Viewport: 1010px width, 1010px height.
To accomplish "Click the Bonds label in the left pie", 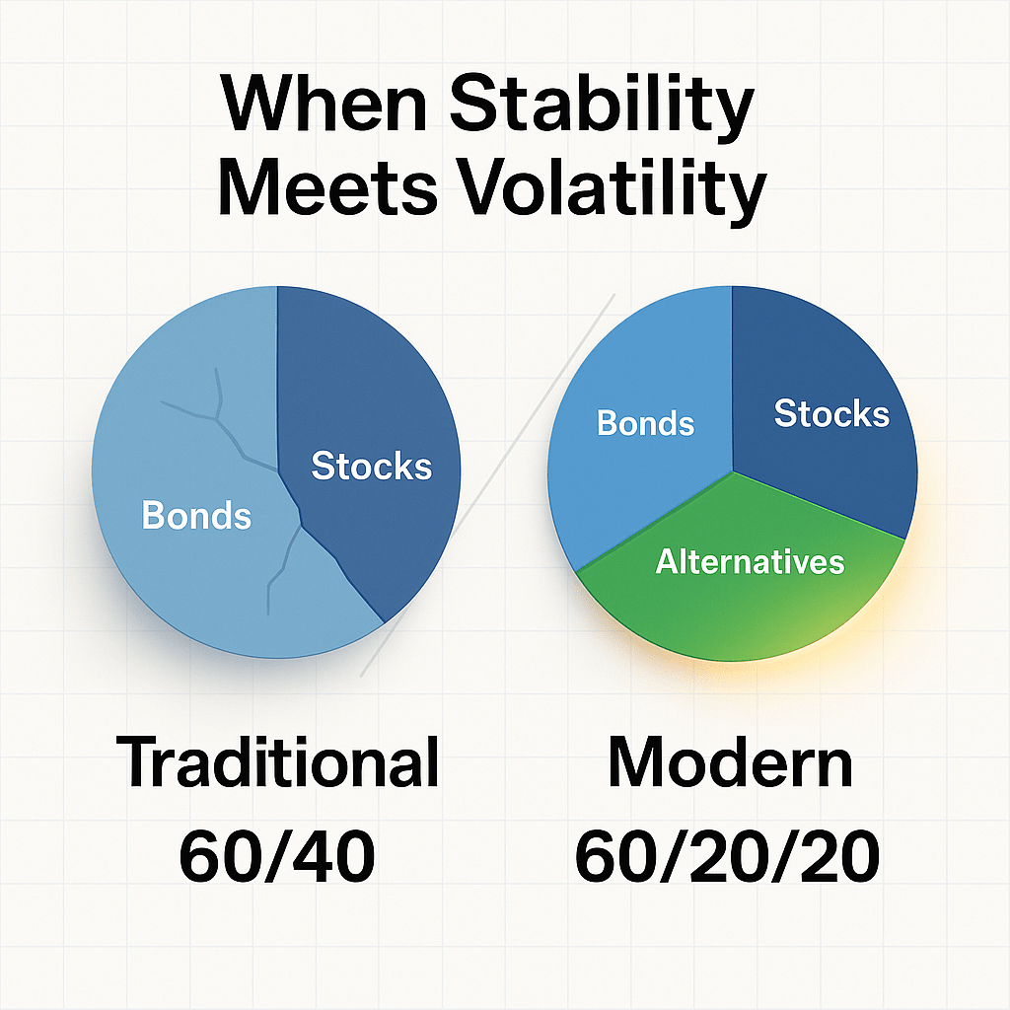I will [196, 515].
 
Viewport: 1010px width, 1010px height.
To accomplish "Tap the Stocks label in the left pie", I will [371, 466].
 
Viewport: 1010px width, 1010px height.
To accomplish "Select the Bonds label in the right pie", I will [646, 423].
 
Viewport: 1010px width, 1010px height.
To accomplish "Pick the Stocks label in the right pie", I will [831, 414].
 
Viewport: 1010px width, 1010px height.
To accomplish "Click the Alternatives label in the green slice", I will [750, 562].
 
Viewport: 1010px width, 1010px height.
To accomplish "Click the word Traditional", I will [278, 762].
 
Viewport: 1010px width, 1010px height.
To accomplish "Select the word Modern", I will [730, 762].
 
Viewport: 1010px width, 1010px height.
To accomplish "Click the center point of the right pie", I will [733, 470].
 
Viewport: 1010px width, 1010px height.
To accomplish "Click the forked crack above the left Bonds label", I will [217, 414].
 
